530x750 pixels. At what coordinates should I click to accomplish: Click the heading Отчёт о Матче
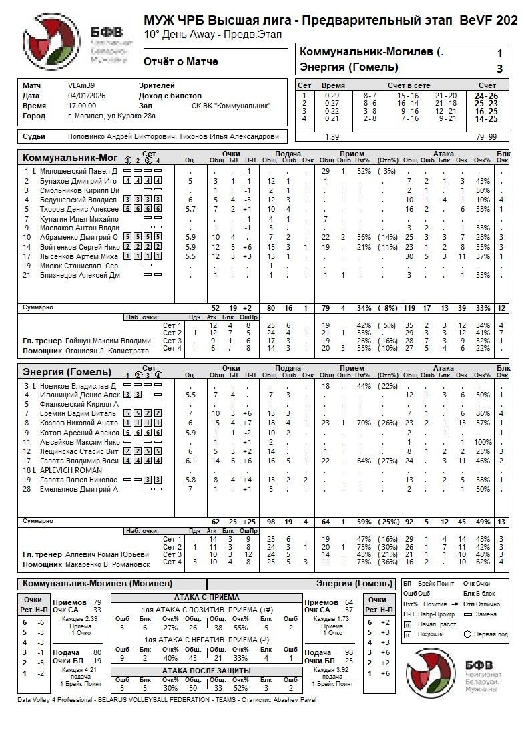180,62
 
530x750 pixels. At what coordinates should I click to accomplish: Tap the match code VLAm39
81,86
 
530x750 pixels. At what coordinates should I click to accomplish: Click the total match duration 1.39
332,137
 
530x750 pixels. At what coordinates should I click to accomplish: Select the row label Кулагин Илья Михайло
79,218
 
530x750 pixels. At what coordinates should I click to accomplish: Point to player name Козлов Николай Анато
79,423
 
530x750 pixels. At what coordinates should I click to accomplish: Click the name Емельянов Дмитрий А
79,489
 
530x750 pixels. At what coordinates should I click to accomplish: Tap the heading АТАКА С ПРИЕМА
206,597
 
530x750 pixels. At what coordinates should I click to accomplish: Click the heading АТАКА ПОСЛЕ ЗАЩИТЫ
206,671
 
